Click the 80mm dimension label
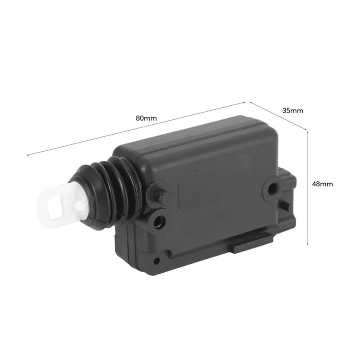point(146,118)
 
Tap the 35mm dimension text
point(292,111)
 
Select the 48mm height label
point(322,184)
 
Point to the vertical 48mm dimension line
point(307,188)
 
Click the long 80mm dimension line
point(136,128)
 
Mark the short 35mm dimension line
point(279,116)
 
